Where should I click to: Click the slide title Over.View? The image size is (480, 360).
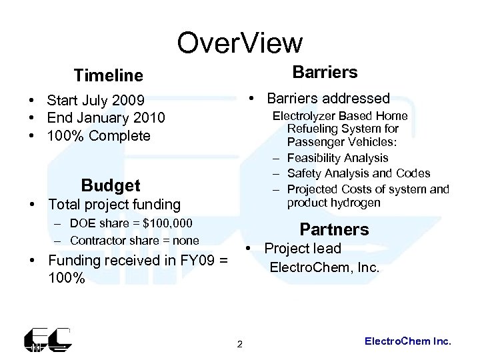tap(239, 43)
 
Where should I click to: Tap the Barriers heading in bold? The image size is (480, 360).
tap(325, 72)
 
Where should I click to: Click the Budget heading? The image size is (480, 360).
tap(110, 185)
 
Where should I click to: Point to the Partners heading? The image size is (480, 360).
tap(334, 229)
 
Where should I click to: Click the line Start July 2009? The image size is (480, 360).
tap(95, 101)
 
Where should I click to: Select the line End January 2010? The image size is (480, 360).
tap(105, 118)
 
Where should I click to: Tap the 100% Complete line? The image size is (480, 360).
tap(99, 136)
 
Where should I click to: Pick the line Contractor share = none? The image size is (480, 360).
tap(134, 240)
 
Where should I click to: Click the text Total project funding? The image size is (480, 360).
tap(113, 204)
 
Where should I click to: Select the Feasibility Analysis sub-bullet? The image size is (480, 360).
tap(337, 158)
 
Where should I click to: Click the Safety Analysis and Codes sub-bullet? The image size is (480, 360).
tap(359, 173)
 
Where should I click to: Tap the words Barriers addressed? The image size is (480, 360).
tap(328, 99)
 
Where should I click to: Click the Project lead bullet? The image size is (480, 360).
tap(302, 249)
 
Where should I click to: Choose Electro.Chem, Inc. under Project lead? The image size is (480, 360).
tap(324, 268)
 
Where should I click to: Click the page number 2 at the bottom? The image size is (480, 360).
tap(240, 344)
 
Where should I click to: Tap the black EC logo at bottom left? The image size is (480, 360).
tap(47, 339)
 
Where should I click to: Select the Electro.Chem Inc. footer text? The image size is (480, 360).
tap(408, 341)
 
